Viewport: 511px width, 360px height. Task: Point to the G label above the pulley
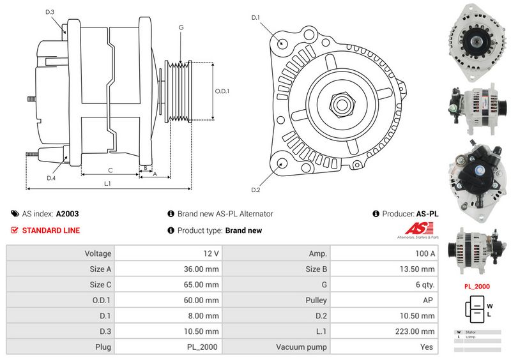(181, 27)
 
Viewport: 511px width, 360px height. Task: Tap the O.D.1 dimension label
(222, 91)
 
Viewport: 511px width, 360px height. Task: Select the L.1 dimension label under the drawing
(108, 184)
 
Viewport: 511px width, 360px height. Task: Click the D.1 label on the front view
(256, 17)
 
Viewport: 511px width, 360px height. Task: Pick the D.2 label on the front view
(256, 190)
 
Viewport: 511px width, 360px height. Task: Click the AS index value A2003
(68, 214)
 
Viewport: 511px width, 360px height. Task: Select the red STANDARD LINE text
(51, 230)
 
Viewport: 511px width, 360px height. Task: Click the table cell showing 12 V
(169, 253)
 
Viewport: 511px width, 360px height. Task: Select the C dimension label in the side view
(111, 170)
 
